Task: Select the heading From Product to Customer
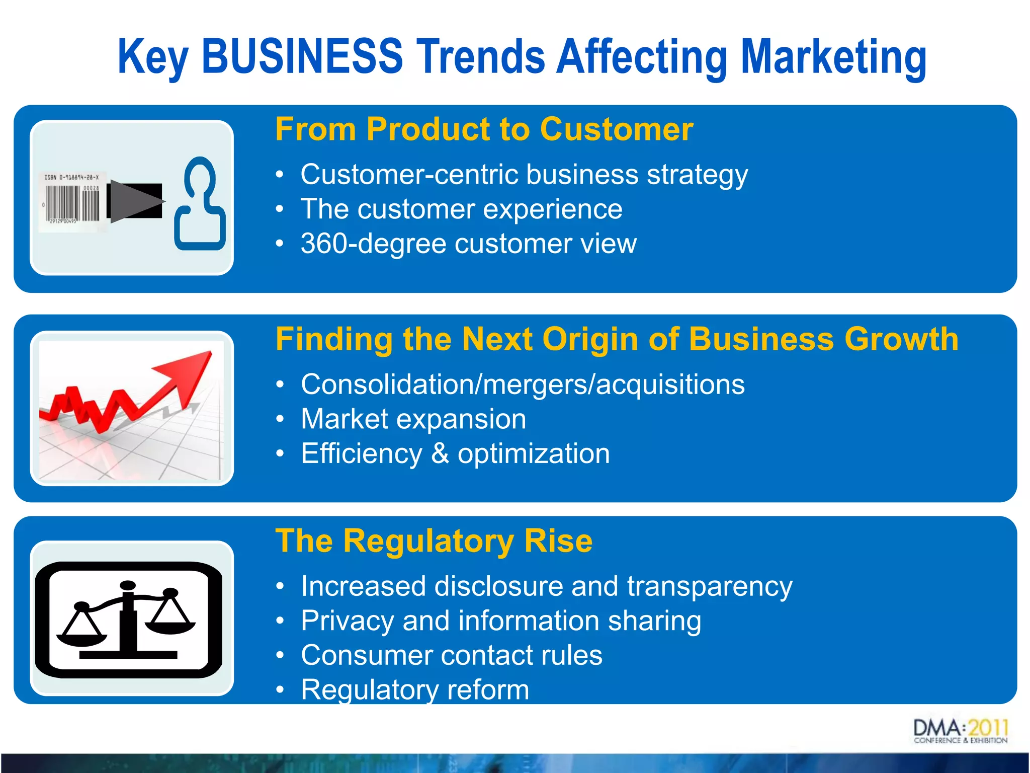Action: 484,129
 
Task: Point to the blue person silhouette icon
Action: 200,204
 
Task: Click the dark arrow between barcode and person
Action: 135,201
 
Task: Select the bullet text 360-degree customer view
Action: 468,244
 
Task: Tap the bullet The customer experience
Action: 461,209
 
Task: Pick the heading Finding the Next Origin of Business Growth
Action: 617,339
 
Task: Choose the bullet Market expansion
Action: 413,419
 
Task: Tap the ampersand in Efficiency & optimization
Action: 440,453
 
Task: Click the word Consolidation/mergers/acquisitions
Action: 522,384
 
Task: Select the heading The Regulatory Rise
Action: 434,541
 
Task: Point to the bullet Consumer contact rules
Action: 451,655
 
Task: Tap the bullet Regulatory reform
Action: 414,689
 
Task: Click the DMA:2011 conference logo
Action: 960,731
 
